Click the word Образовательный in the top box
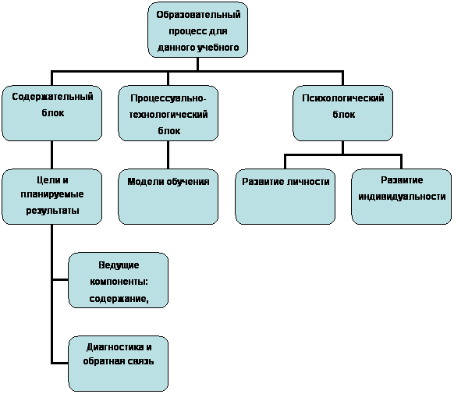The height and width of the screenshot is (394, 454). (x=198, y=15)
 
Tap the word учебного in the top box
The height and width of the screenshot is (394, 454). (x=218, y=47)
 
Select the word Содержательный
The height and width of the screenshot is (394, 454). (x=52, y=97)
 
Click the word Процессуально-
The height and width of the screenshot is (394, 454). (x=168, y=98)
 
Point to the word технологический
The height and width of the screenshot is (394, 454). (x=168, y=115)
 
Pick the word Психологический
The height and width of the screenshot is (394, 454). (x=343, y=98)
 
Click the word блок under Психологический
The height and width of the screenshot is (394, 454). (x=344, y=115)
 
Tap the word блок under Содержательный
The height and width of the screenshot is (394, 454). (x=53, y=113)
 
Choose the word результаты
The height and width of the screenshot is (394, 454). (x=52, y=211)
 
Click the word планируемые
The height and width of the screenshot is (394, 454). (x=52, y=194)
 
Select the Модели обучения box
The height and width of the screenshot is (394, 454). (x=168, y=197)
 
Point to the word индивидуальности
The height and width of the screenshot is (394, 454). (x=402, y=197)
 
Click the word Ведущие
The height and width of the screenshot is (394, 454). (x=119, y=265)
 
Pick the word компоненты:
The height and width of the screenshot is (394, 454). (x=119, y=282)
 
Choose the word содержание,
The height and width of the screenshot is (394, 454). (x=119, y=299)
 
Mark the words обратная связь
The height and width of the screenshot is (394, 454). (x=119, y=361)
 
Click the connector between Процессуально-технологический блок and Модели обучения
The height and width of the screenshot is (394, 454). (x=168, y=155)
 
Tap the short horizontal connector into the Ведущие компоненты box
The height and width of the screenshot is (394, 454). (x=60, y=279)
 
